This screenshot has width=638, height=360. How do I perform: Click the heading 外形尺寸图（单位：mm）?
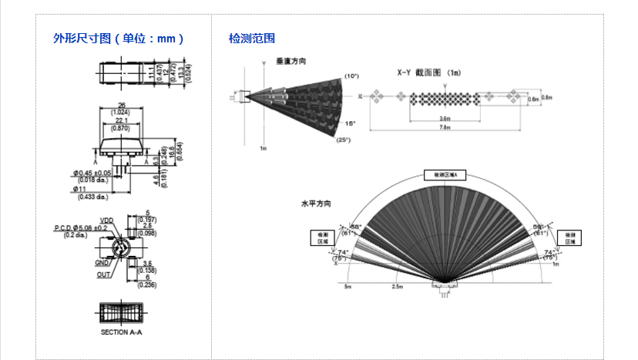pos(118,38)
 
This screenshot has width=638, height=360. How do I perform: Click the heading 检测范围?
pos(252,38)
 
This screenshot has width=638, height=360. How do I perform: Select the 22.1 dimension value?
pos(122,120)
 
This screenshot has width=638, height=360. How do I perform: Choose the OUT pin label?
pos(103,274)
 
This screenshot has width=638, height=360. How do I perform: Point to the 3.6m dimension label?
pos(445,119)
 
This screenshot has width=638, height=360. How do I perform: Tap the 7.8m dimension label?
pos(445,128)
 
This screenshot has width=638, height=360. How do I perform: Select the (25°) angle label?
pos(343,140)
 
